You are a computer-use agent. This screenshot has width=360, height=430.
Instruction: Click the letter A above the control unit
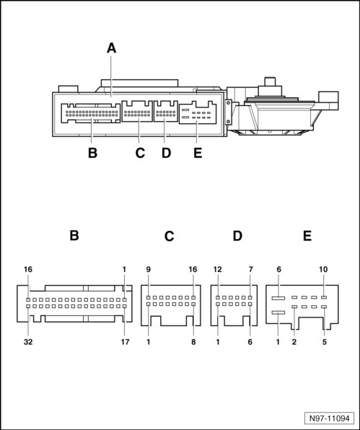pyautogui.click(x=111, y=48)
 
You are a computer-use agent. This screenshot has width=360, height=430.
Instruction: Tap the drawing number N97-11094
pyautogui.click(x=329, y=418)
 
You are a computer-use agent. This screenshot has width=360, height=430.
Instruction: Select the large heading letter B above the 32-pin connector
pyautogui.click(x=74, y=236)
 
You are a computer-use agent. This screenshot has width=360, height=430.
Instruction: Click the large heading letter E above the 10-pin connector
pyautogui.click(x=307, y=236)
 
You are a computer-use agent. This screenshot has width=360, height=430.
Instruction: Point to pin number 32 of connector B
pyautogui.click(x=28, y=342)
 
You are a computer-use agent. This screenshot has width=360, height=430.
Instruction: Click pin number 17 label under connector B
pyautogui.click(x=125, y=342)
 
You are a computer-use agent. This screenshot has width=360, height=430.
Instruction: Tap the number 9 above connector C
pyautogui.click(x=149, y=270)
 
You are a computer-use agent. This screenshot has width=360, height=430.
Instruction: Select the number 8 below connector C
pyautogui.click(x=193, y=342)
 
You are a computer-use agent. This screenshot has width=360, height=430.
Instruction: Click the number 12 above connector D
pyautogui.click(x=217, y=270)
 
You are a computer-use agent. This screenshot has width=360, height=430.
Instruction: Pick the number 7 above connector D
pyautogui.click(x=250, y=270)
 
